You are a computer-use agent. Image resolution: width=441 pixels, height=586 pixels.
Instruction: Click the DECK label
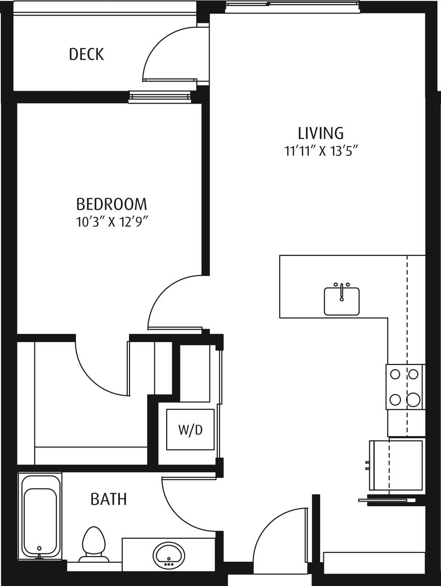click(x=86, y=54)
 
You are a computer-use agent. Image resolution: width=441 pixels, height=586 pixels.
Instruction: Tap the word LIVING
click(x=321, y=133)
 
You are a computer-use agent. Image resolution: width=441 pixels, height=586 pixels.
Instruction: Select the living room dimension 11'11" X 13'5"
click(x=321, y=151)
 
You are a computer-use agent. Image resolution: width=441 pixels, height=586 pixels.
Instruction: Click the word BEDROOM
click(x=112, y=204)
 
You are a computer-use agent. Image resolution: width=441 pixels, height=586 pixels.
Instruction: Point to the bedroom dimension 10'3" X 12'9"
click(x=112, y=222)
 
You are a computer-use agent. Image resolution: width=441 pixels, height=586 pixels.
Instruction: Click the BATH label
click(x=108, y=499)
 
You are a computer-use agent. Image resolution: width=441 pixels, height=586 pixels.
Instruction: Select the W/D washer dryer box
click(x=190, y=430)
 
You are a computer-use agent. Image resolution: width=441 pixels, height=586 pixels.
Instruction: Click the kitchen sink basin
click(x=342, y=303)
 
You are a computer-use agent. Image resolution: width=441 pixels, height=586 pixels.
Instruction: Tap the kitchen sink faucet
click(x=342, y=289)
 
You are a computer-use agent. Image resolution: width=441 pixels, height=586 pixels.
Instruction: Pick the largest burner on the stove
click(x=414, y=400)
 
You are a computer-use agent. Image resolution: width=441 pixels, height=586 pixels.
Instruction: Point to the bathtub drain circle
click(x=40, y=548)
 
